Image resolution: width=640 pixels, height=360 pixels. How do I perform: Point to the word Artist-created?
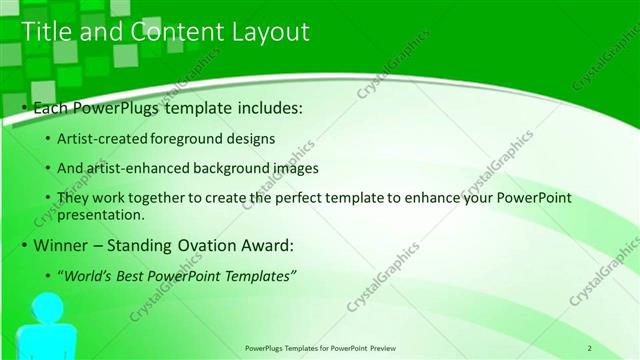pyautogui.click(x=98, y=138)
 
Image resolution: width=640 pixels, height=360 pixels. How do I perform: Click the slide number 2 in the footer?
pyautogui.click(x=590, y=348)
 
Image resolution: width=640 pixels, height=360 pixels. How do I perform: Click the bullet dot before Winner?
pyautogui.click(x=25, y=246)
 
